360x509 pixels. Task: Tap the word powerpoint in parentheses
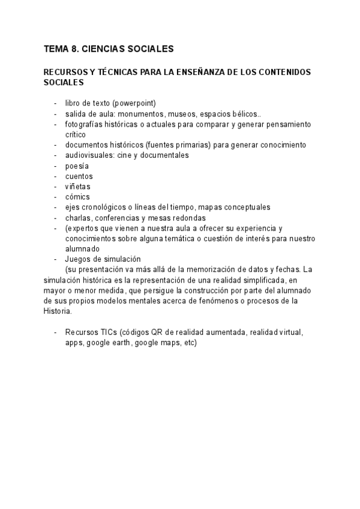(134, 104)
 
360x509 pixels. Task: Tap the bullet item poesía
(77, 166)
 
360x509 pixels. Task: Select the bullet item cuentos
(79, 176)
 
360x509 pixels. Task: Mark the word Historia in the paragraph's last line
(58, 312)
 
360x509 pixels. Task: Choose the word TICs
(107, 332)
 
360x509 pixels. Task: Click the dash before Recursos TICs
(56, 332)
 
